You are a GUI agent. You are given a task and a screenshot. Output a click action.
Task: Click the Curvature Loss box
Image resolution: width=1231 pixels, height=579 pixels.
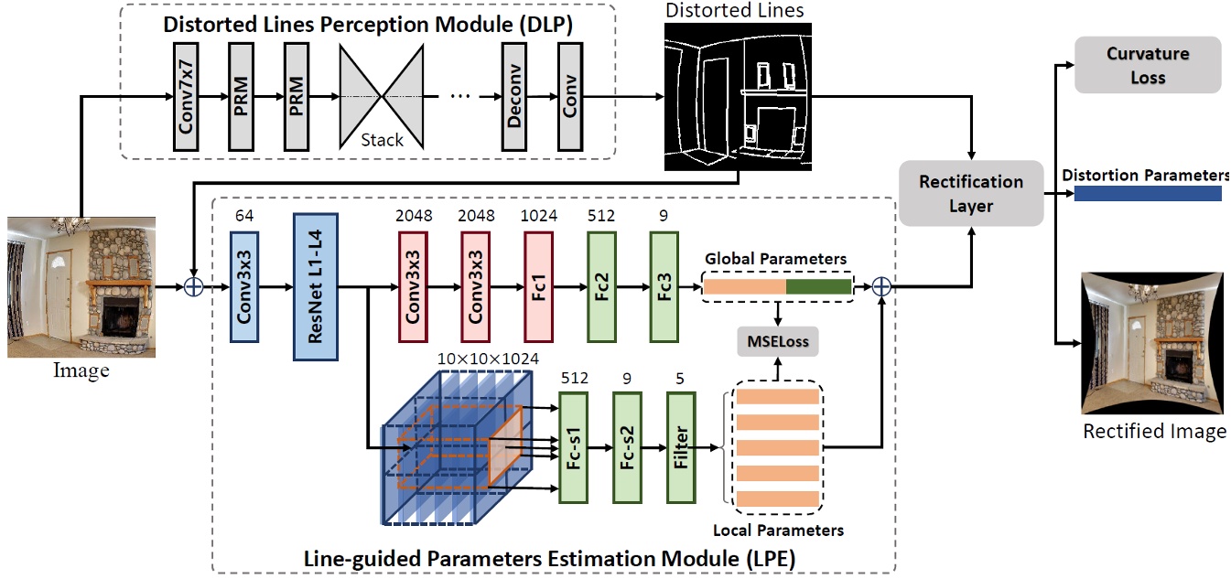coord(1148,65)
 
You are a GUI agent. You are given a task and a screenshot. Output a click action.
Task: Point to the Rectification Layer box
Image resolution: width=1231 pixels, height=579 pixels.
coord(971,193)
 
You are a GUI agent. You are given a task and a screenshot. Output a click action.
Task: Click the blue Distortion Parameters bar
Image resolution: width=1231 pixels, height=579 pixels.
coord(1147,194)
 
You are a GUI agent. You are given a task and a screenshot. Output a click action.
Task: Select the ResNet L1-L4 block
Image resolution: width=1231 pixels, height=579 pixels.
coord(316,286)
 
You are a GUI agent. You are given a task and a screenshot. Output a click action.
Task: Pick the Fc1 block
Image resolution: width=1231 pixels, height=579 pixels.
coord(538,285)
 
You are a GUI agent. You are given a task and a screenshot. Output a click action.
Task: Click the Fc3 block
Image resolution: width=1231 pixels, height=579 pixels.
coord(664,285)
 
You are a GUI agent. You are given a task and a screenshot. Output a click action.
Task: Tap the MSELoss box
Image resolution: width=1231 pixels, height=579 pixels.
coord(778,343)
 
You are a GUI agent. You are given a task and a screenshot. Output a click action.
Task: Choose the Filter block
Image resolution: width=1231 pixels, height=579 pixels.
coord(681,447)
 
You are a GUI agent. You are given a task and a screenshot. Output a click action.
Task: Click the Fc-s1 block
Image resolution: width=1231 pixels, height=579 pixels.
coord(574,447)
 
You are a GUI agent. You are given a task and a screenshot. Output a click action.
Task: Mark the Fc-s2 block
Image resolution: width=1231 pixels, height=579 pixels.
coord(628,447)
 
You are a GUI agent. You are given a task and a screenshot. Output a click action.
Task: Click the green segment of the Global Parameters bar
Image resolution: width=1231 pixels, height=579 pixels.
coord(818,286)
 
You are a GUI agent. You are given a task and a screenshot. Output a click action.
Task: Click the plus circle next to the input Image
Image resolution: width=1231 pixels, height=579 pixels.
coord(193,286)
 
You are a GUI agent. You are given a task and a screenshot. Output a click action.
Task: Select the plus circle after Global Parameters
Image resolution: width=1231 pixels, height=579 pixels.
coord(881,286)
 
